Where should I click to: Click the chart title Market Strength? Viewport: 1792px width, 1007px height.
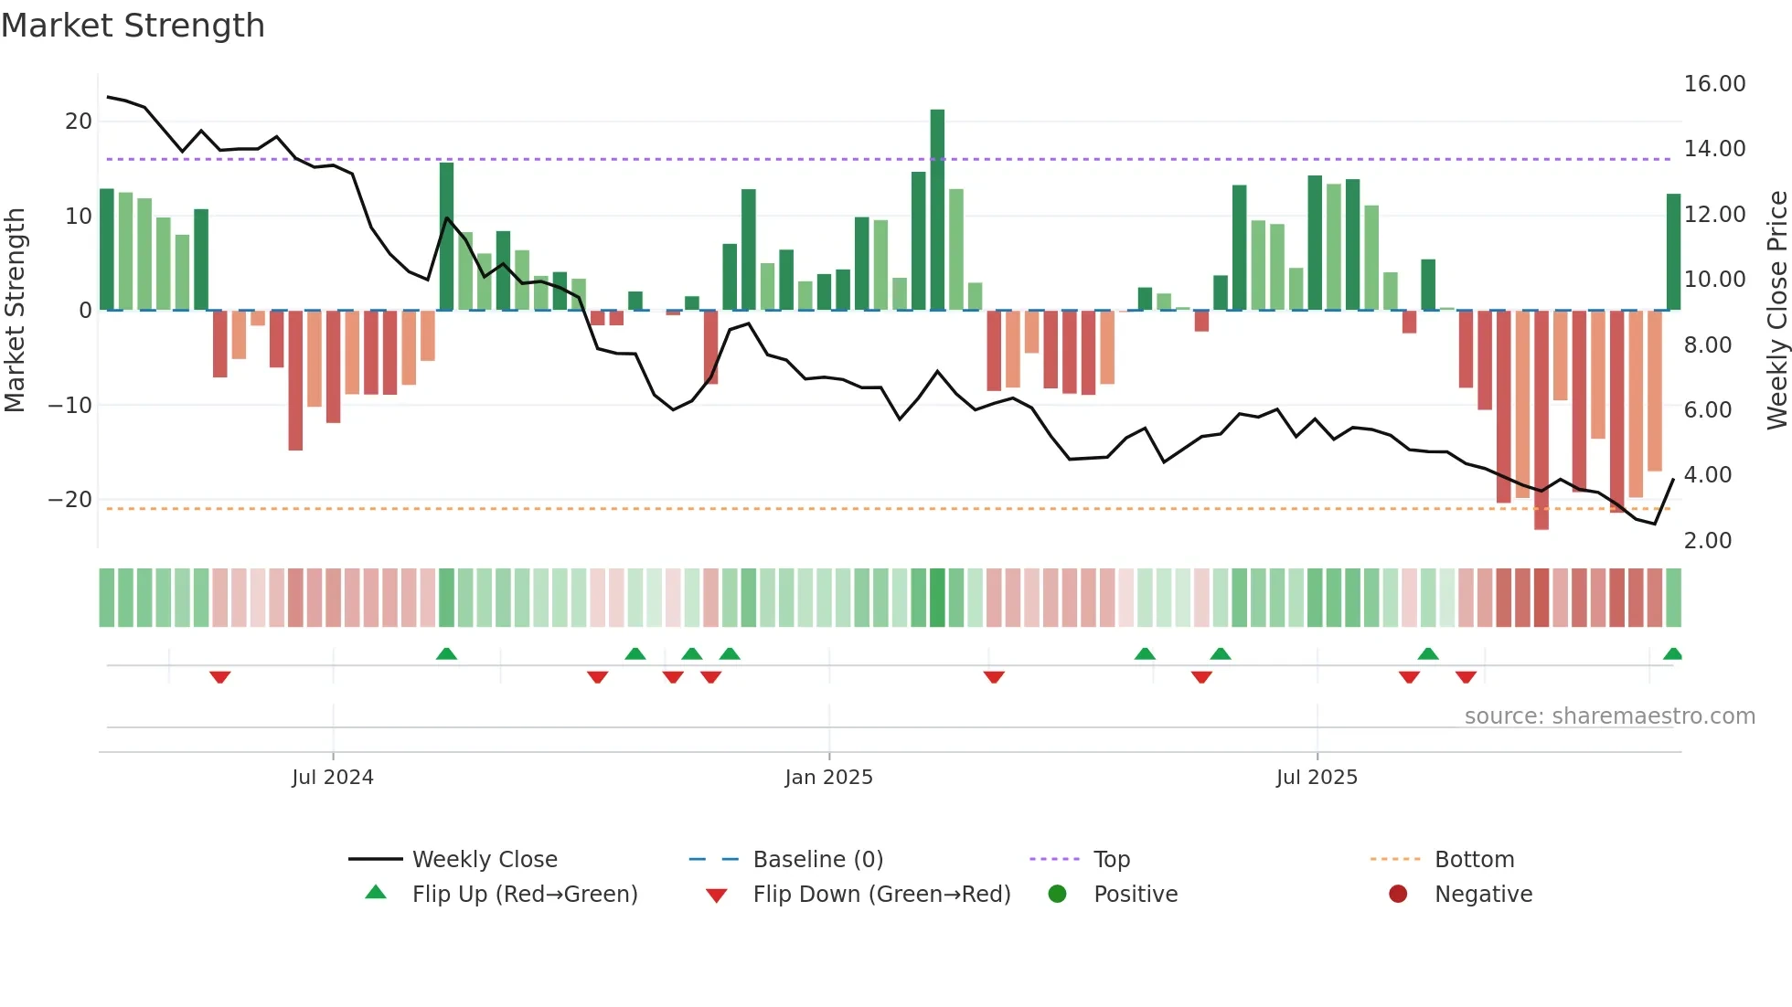(133, 26)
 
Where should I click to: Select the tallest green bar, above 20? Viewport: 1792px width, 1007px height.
(937, 210)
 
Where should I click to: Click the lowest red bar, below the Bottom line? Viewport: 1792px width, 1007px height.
(1541, 420)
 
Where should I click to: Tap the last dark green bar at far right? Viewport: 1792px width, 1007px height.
(1673, 252)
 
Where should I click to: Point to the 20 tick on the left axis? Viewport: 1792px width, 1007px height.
(79, 122)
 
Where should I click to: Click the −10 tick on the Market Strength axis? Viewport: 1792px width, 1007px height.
(70, 405)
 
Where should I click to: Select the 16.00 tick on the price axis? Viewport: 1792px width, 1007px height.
(1714, 84)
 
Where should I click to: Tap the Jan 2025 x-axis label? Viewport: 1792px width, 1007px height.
(828, 778)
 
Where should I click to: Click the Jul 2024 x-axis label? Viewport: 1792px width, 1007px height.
(333, 778)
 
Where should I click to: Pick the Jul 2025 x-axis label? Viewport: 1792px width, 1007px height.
(1317, 778)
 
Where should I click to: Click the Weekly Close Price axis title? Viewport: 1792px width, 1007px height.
(1776, 311)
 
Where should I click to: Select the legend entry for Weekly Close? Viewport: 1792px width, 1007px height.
(484, 860)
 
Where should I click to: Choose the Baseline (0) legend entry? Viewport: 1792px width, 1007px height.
(817, 860)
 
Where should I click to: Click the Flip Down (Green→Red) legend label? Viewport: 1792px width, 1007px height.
(881, 895)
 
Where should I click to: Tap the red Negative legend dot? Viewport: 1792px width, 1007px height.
(1398, 895)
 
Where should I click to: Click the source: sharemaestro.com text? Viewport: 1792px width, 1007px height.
(1609, 716)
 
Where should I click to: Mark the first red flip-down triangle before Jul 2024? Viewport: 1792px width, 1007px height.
(219, 677)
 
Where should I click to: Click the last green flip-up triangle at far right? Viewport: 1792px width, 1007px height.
(1672, 653)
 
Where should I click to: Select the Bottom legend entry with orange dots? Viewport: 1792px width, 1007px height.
(1473, 860)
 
